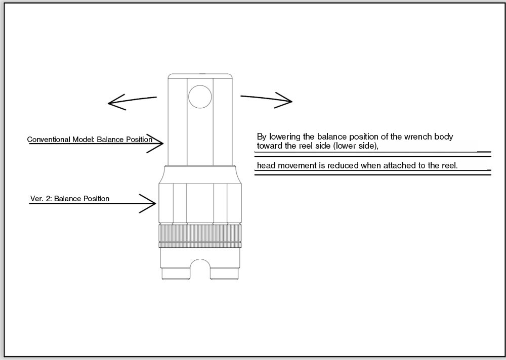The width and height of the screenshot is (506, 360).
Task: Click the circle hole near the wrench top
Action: (x=200, y=97)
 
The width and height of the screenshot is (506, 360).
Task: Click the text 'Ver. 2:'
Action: (x=41, y=199)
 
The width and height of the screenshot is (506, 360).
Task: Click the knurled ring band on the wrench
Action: (x=200, y=236)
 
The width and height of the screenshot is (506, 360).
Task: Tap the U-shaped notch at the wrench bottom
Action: (x=200, y=268)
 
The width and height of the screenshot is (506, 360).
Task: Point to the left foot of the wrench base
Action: (x=176, y=274)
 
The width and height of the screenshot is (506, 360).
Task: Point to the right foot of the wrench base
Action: (x=224, y=274)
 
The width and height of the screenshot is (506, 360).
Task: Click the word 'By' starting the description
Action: (x=262, y=137)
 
